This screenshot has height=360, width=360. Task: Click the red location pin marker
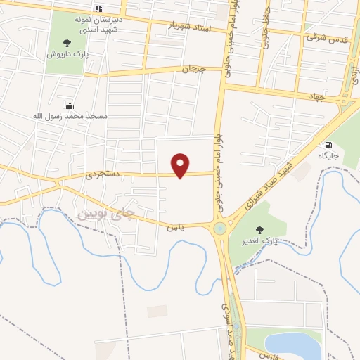(181, 165)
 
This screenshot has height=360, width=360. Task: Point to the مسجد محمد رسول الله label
(68, 115)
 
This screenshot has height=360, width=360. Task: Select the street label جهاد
(314, 96)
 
